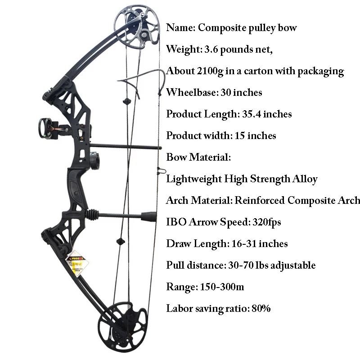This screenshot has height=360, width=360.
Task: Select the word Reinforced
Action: (259, 200)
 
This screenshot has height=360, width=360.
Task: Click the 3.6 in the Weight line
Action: (209, 49)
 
